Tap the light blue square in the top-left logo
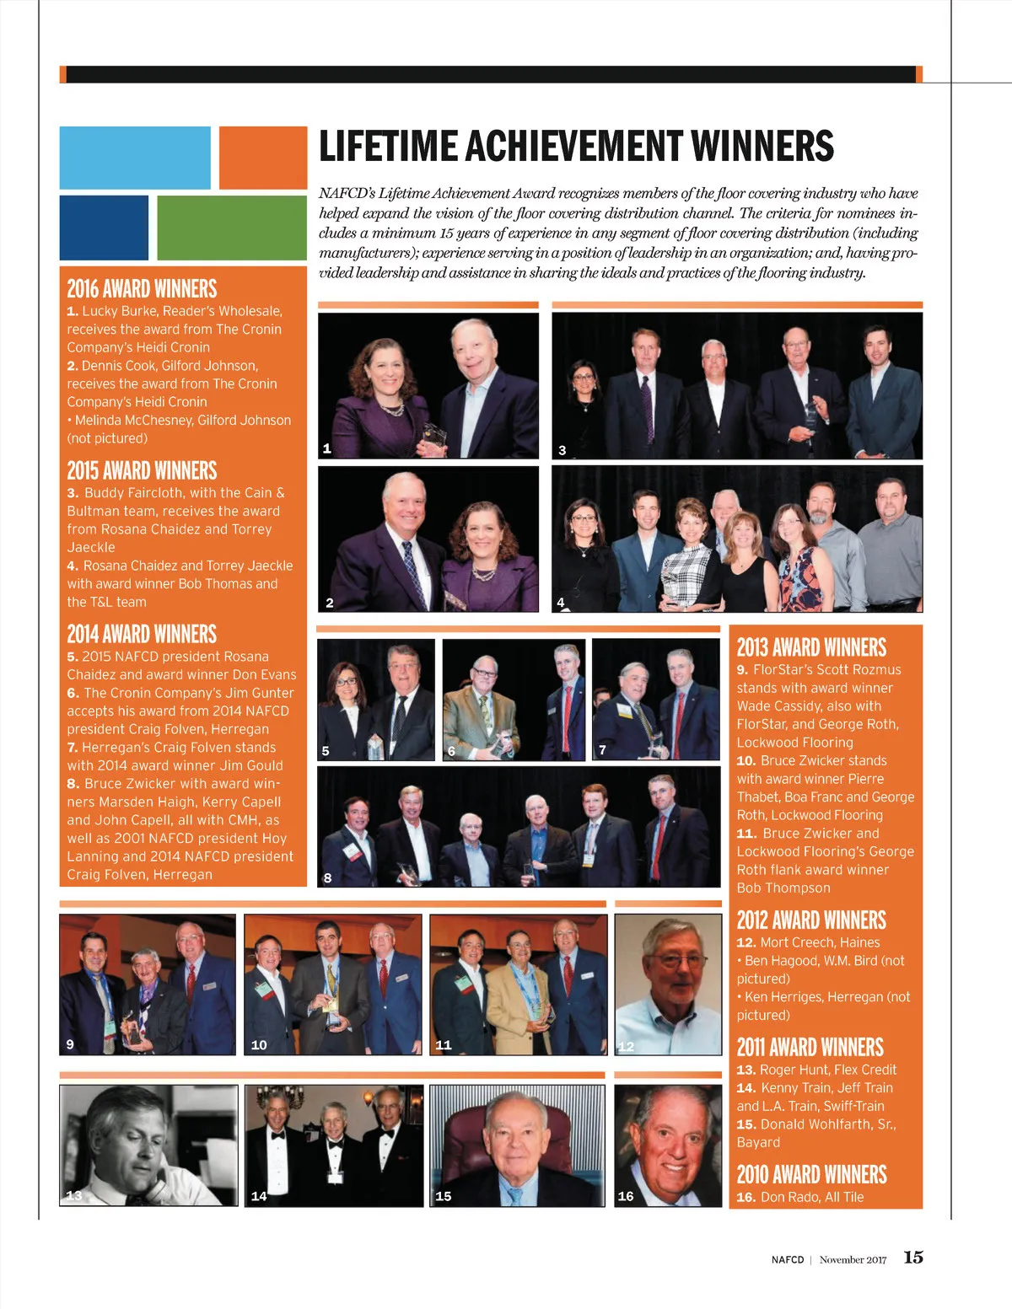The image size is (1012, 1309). [135, 158]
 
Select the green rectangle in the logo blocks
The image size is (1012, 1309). [232, 228]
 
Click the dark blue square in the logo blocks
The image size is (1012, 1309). [104, 228]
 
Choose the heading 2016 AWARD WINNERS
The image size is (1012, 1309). [142, 289]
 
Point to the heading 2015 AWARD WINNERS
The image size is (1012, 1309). [142, 470]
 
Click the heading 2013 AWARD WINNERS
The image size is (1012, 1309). [811, 647]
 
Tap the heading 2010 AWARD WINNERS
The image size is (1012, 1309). [811, 1174]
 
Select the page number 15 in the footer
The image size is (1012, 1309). [913, 1257]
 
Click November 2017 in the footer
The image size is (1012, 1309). [853, 1260]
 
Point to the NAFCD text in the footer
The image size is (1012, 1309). [788, 1260]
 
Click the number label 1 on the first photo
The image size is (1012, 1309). [327, 448]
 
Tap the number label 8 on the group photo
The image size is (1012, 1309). [327, 877]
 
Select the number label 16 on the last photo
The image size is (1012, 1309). [626, 1196]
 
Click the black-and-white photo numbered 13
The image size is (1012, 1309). [148, 1145]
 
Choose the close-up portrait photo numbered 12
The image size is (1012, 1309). [668, 984]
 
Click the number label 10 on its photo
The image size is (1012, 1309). [259, 1045]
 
